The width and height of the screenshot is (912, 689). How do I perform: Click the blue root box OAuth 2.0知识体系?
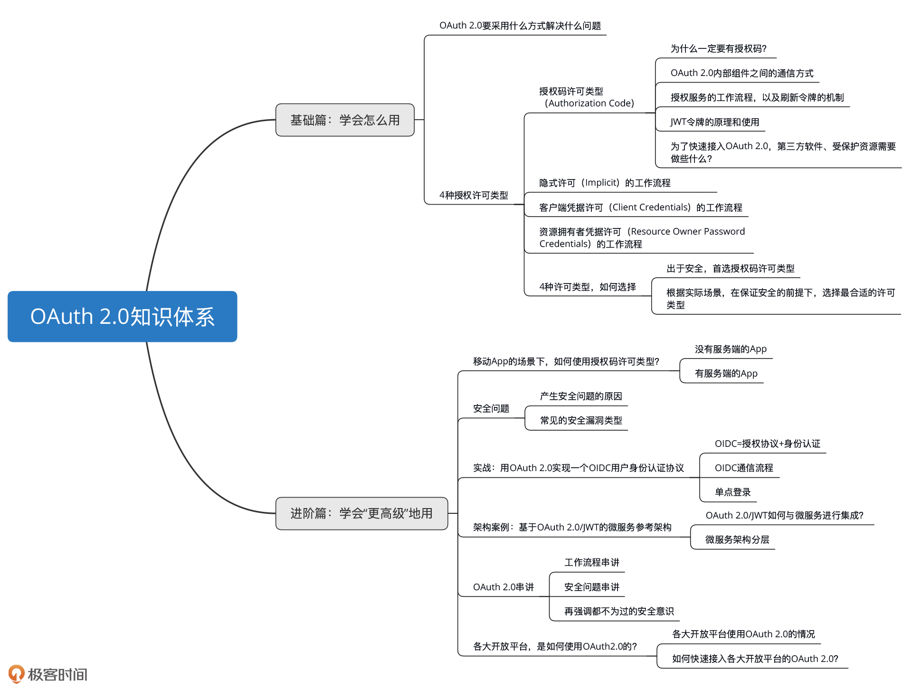tap(122, 317)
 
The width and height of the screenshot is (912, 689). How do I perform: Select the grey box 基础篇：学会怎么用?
tap(345, 120)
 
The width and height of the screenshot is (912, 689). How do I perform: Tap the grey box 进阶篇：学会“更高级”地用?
tap(361, 513)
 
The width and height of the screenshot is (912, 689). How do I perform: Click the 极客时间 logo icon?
tap(16, 673)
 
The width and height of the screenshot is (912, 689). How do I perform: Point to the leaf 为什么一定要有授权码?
tap(718, 49)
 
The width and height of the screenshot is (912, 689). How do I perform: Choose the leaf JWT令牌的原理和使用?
tap(714, 122)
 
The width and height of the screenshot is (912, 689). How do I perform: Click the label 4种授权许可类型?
tap(474, 195)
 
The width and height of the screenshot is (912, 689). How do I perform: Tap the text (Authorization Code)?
tap(589, 104)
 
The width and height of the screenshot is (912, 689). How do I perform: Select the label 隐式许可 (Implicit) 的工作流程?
tap(605, 183)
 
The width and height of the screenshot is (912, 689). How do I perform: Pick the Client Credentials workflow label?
tap(640, 208)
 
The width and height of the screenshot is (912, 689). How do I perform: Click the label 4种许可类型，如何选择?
tap(588, 287)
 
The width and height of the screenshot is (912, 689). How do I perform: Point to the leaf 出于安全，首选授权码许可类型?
tap(730, 269)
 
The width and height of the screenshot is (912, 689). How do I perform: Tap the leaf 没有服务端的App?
tap(731, 349)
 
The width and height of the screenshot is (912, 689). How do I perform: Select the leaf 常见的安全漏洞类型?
tap(581, 421)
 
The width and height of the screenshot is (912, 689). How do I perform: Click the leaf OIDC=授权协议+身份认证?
tap(767, 444)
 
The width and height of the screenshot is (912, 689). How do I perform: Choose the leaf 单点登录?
tap(732, 492)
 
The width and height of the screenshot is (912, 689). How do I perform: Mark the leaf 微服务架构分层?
tap(737, 540)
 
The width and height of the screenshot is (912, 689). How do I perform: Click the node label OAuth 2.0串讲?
tap(503, 587)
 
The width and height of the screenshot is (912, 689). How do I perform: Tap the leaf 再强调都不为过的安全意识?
tap(619, 612)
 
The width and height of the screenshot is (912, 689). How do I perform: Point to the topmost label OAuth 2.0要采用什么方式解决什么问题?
tap(520, 26)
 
